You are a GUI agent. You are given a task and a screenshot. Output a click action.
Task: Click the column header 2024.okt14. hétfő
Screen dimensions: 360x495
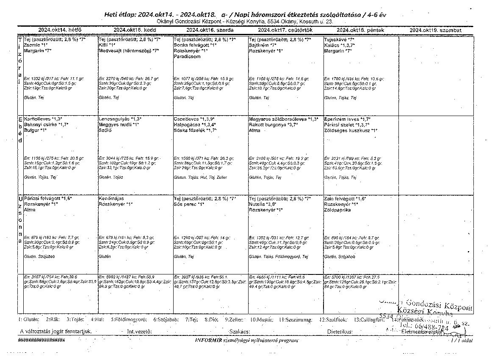tap(60, 30)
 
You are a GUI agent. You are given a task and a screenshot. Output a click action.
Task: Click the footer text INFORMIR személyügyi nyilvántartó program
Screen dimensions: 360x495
tap(247, 340)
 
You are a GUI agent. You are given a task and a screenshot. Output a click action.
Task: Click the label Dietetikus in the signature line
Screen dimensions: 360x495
tap(340, 331)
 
